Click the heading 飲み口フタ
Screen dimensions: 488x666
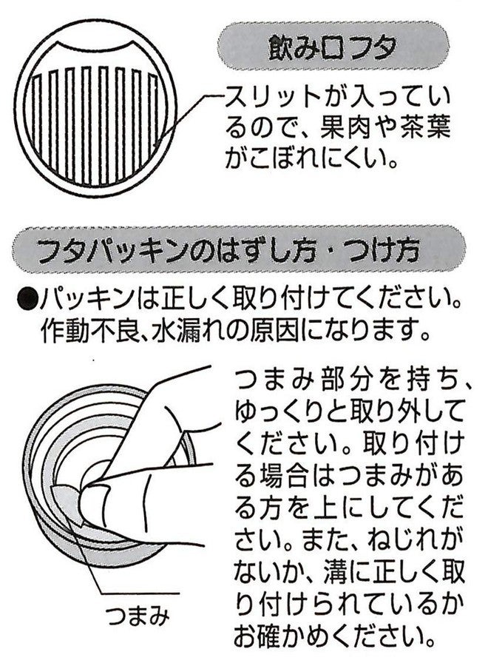point(332,47)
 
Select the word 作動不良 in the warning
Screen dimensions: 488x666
point(89,329)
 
